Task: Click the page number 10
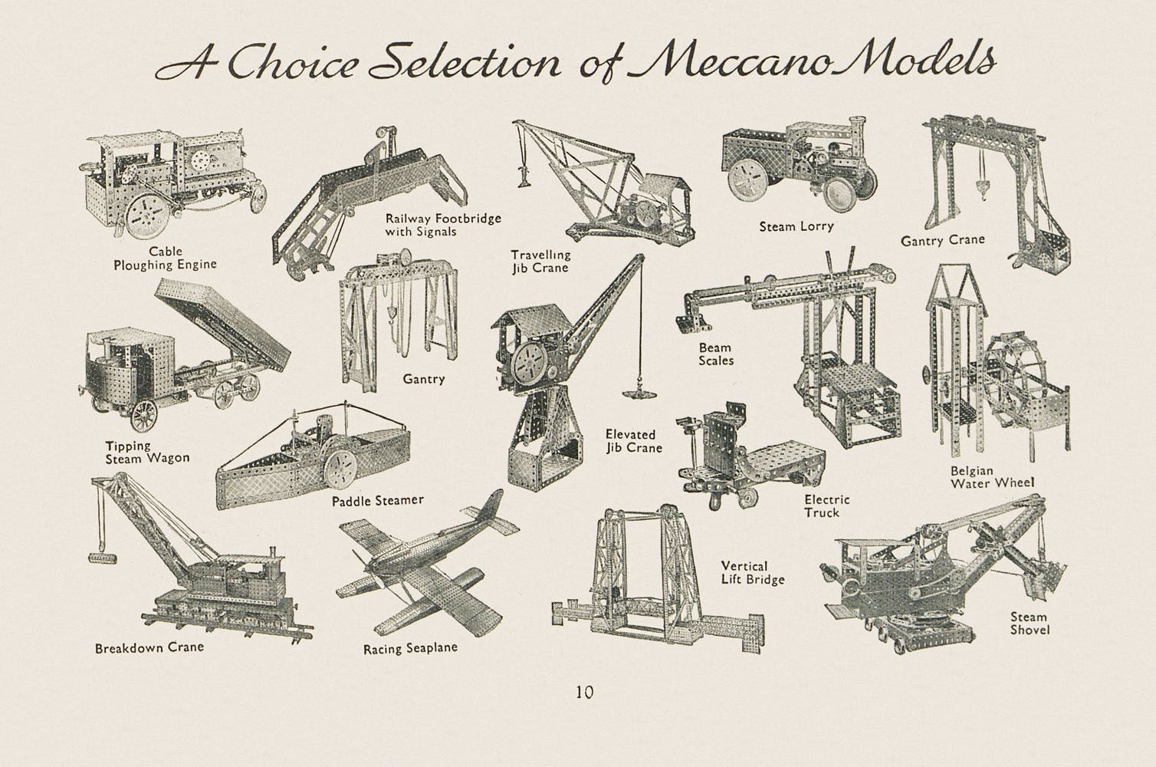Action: (x=585, y=692)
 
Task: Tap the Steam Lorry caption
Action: (x=796, y=226)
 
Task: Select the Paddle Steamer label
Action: (x=377, y=501)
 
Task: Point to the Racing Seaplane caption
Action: (x=410, y=648)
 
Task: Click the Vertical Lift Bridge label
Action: (x=753, y=573)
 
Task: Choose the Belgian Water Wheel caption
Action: (x=993, y=477)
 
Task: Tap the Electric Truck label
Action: (x=826, y=506)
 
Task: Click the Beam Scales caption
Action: (x=716, y=354)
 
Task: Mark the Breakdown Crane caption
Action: (x=149, y=647)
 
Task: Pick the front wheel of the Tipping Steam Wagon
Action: (x=143, y=416)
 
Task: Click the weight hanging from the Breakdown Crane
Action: (x=102, y=558)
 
